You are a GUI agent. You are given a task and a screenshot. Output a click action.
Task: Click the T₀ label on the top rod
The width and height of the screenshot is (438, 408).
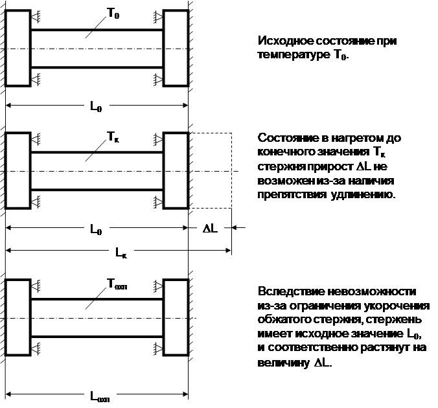(111, 14)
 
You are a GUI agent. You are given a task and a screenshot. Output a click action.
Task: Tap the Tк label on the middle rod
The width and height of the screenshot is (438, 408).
(111, 137)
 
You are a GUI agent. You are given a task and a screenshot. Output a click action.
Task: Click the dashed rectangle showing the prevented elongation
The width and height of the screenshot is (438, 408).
(211, 171)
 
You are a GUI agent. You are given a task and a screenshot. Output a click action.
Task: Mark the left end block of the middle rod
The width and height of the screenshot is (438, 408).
(17, 171)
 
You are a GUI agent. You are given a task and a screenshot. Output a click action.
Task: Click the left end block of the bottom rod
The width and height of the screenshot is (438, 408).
(17, 318)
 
